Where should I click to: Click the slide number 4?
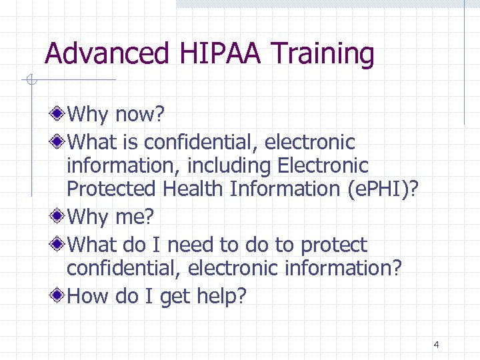click(x=436, y=345)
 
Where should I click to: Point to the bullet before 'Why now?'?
click(x=59, y=113)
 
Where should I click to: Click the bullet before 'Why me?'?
click(x=59, y=217)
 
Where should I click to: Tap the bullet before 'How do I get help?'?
click(x=59, y=294)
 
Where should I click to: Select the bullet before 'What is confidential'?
click(x=59, y=141)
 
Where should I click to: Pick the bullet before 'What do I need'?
click(x=59, y=244)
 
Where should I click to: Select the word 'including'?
click(x=219, y=165)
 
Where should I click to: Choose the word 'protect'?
click(x=333, y=246)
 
